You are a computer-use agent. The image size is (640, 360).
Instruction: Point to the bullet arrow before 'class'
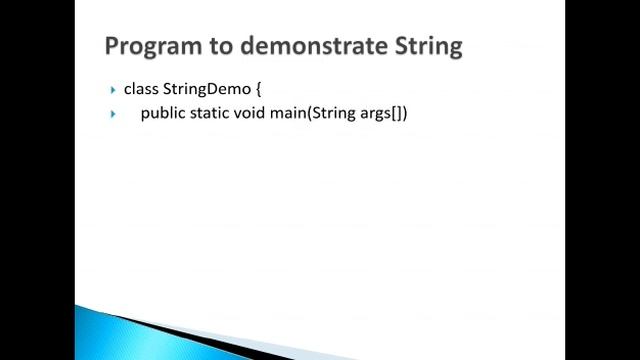click(114, 90)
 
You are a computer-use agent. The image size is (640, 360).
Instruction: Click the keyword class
click(141, 89)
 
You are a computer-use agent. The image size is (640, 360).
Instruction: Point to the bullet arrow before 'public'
click(114, 114)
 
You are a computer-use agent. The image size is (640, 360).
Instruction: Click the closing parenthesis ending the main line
click(405, 113)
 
